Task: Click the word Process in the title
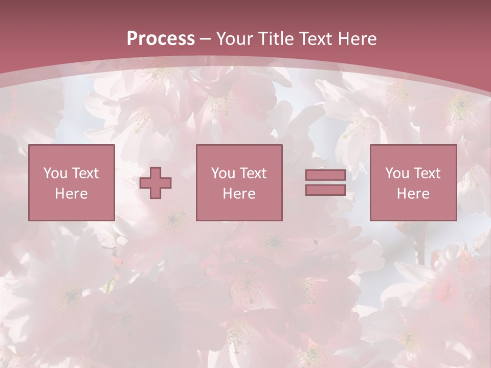pyautogui.click(x=161, y=39)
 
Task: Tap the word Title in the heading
pyautogui.click(x=276, y=39)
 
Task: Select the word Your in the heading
pyautogui.click(x=235, y=39)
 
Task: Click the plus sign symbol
pyautogui.click(x=155, y=182)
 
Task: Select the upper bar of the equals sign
pyautogui.click(x=325, y=175)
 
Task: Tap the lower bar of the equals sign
pyautogui.click(x=325, y=190)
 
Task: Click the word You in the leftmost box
pyautogui.click(x=55, y=173)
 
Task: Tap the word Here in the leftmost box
pyautogui.click(x=71, y=194)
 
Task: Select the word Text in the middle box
pyautogui.click(x=253, y=173)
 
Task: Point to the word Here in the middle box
pyautogui.click(x=239, y=194)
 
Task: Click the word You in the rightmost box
pyautogui.click(x=397, y=173)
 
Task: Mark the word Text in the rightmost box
pyautogui.click(x=427, y=173)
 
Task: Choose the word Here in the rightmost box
pyautogui.click(x=413, y=194)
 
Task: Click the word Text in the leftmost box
pyautogui.click(x=85, y=173)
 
